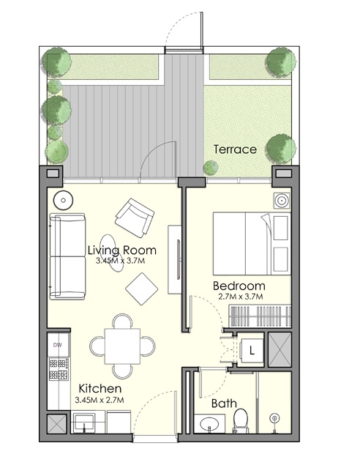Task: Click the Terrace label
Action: (x=235, y=149)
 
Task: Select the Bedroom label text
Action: (x=239, y=286)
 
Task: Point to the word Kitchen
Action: (x=100, y=389)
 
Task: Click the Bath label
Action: (x=224, y=404)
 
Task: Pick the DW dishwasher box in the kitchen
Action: (x=57, y=343)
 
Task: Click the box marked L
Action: (x=251, y=349)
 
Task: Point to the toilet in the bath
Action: (x=241, y=421)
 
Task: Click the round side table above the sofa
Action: (x=64, y=198)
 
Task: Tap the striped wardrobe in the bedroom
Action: (x=251, y=316)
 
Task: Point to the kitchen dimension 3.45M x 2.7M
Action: (x=100, y=400)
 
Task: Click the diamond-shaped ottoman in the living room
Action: (x=142, y=289)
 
